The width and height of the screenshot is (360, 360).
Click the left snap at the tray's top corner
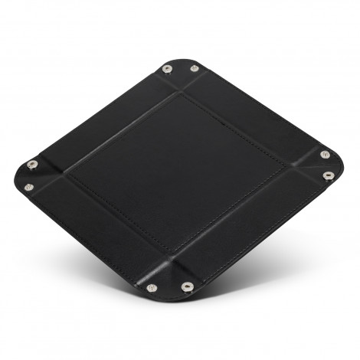[x=167, y=69]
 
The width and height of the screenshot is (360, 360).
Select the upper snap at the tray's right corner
[x=325, y=155]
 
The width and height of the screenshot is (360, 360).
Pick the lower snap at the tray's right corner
[x=328, y=175]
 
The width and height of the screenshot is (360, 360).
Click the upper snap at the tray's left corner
[x=31, y=164]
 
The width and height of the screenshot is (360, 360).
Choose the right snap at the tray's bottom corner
[x=187, y=286]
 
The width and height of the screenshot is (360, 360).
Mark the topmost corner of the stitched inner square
[x=182, y=93]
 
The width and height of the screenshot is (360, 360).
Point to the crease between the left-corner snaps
[x=42, y=175]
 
